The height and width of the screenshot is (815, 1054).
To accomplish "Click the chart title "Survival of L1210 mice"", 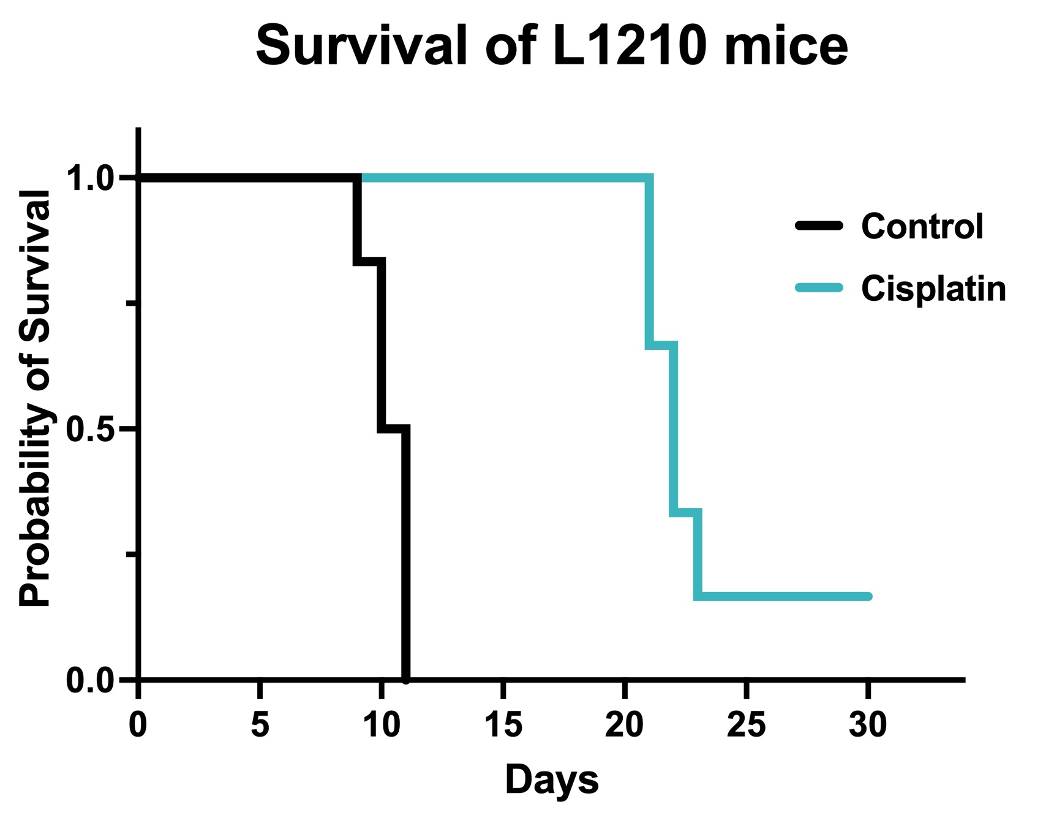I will coord(551,46).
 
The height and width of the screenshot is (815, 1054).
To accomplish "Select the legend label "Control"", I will coord(922,226).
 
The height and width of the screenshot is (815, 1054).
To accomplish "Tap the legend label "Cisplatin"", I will coord(933,288).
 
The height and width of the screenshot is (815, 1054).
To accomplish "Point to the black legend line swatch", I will coord(819,226).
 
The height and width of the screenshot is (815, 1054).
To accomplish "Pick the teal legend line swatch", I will coord(819,288).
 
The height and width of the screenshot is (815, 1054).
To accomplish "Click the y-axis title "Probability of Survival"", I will coord(35,398).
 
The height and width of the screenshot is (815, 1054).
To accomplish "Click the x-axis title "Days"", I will coord(551,780).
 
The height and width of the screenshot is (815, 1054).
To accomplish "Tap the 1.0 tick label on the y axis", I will coord(91,179).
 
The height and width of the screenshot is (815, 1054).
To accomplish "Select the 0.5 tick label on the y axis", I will coord(91,430).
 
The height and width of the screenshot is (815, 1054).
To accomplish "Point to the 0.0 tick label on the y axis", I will coord(91,680).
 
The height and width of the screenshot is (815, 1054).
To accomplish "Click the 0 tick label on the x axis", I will coord(138,724).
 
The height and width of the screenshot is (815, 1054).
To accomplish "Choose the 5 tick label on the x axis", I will coord(260,724).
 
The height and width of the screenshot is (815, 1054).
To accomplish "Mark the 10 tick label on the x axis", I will coord(381,724).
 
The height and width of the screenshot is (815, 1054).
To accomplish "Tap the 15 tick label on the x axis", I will coord(503,724).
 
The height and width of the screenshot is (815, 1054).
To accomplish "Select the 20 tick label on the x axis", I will coord(624,724).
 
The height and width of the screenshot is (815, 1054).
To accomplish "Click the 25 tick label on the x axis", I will coord(746,724).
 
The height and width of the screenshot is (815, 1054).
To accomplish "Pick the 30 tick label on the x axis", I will coord(868,724).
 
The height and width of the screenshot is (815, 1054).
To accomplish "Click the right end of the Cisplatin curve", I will coord(868,596).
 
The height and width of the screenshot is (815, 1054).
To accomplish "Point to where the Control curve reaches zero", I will coord(405,679).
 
